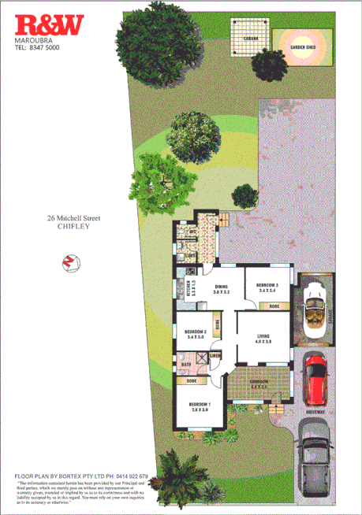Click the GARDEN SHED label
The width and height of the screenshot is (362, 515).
point(303,47)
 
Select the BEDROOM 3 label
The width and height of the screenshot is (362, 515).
point(268,286)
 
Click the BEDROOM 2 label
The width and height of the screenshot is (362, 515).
point(195,333)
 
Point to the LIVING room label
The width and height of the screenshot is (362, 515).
point(263,337)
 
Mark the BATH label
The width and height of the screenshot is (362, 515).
point(185,365)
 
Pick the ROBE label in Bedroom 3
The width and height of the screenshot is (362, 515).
point(274,306)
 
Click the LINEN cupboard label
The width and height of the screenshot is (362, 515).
point(215,356)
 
